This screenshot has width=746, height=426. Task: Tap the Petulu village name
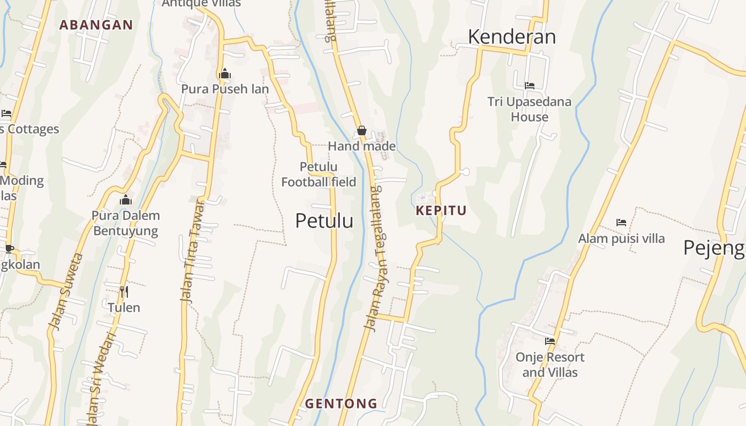[324, 220]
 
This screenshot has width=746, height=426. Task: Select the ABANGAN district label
[96, 24]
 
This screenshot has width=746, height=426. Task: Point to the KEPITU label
[441, 210]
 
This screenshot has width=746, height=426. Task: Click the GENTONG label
[341, 404]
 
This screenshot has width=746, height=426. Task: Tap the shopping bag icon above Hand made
[362, 130]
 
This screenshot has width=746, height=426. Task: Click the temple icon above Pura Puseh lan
[225, 73]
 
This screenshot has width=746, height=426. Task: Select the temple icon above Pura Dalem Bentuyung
[126, 200]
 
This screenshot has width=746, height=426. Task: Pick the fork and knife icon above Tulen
[124, 291]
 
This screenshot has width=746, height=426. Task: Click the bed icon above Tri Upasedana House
[530, 85]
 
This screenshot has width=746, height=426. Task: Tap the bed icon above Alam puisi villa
[621, 222]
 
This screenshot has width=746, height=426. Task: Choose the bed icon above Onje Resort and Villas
[550, 341]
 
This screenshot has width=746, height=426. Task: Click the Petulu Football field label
[319, 175]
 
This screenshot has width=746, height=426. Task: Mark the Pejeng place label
[713, 248]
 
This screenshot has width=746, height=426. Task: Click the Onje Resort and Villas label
[550, 364]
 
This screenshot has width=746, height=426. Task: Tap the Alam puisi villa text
[621, 238]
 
